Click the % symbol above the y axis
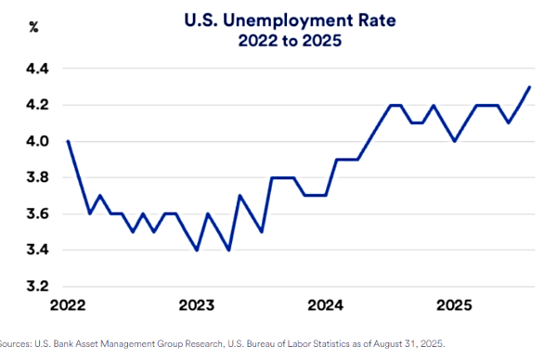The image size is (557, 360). pyautogui.click(x=33, y=27)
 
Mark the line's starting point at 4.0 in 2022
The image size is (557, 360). pyautogui.click(x=69, y=141)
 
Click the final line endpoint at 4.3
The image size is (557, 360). pyautogui.click(x=529, y=87)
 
